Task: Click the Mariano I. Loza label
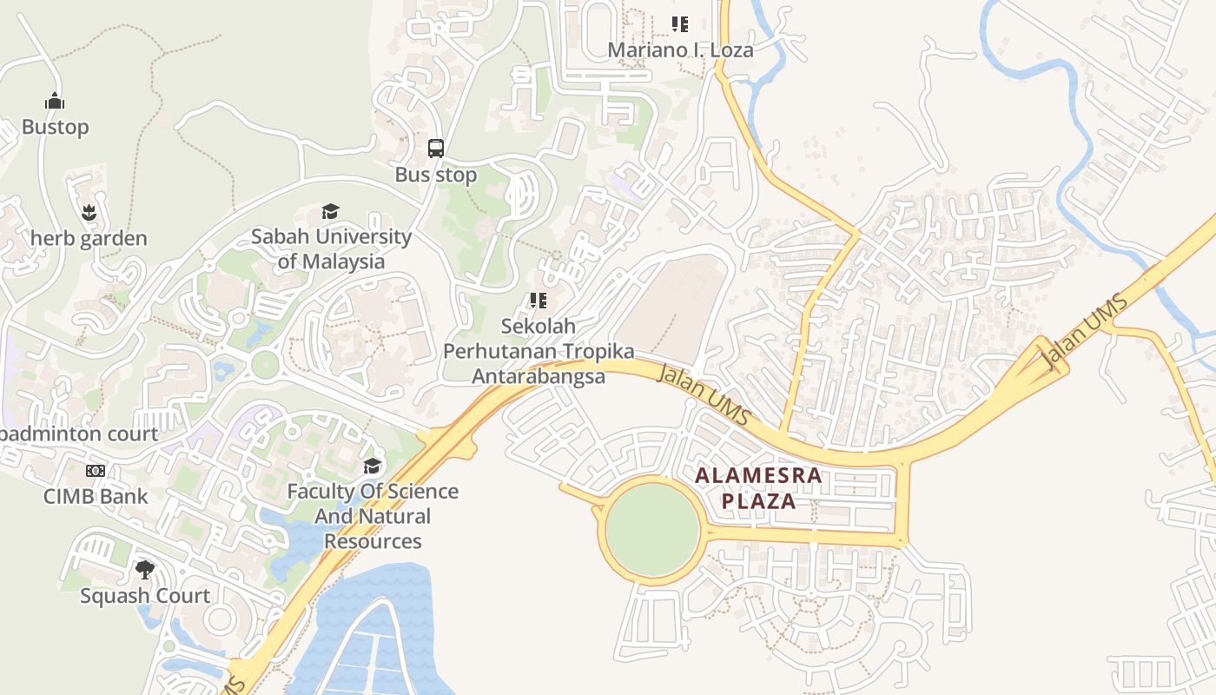coord(680,50)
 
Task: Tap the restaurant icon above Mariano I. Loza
coord(680,24)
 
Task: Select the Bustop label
coord(55,127)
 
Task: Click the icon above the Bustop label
coord(55,101)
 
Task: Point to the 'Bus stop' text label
coord(436,175)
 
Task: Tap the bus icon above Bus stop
coord(436,149)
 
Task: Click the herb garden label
coord(89,238)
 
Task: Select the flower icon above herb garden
coord(89,212)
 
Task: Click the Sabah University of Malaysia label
coord(331,248)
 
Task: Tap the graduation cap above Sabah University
coord(331,211)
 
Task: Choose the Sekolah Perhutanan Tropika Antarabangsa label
coord(539,351)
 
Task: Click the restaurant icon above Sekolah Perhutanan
coord(539,301)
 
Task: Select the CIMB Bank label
coord(96,496)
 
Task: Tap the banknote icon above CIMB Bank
coord(96,471)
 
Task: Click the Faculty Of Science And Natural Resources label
coord(373,516)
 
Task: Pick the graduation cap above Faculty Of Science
coord(373,467)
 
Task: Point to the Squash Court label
coord(145,595)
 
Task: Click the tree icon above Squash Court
coord(145,570)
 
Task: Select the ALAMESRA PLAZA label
coord(759,488)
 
